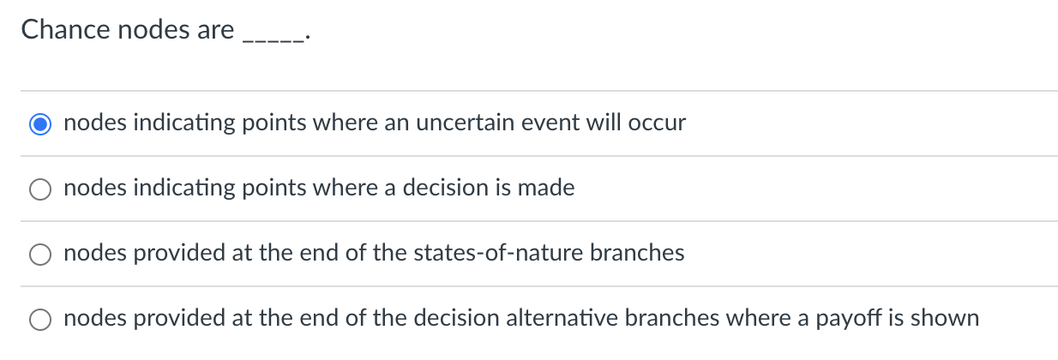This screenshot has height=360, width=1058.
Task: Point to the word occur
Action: tap(658, 123)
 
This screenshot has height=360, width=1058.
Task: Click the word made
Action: tap(546, 189)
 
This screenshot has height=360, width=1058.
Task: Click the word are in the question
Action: tap(214, 30)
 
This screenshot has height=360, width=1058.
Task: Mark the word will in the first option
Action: tap(604, 123)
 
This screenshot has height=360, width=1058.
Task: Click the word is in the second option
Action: tap(504, 189)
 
